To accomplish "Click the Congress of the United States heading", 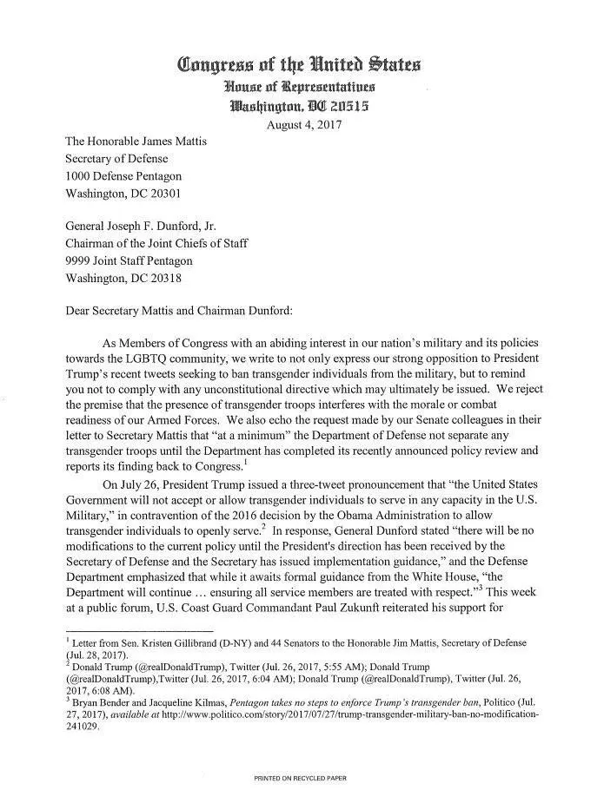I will click(299, 64).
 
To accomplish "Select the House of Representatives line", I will click(299, 86).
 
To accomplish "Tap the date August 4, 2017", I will click(303, 124).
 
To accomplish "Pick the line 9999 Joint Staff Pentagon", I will click(129, 260).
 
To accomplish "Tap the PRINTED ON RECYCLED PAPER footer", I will click(300, 779).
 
